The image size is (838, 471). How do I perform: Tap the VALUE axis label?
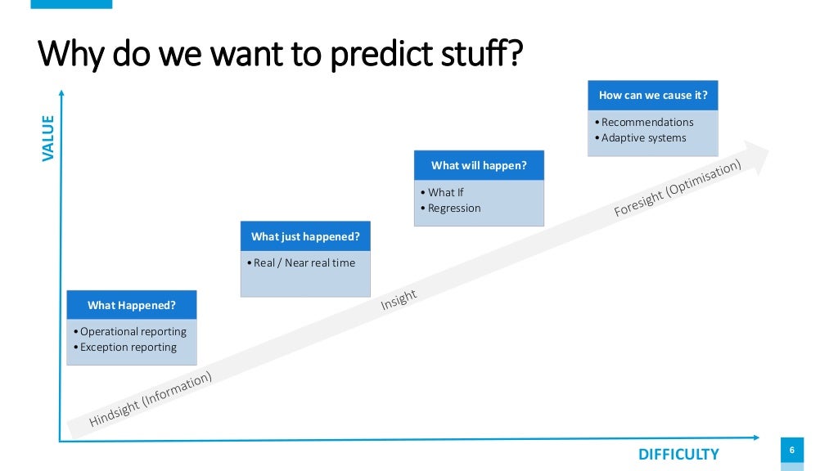tap(47, 138)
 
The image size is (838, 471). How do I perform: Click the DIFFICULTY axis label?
tap(678, 455)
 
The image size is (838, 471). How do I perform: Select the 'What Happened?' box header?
tap(132, 305)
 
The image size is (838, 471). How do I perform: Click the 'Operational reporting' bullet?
tap(133, 331)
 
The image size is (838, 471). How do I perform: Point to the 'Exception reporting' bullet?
tap(128, 347)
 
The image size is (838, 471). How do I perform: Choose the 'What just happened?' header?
tap(305, 236)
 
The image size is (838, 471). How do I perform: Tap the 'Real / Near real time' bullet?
tap(304, 262)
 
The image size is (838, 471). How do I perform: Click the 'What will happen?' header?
tap(479, 165)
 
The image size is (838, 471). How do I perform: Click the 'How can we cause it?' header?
tap(653, 95)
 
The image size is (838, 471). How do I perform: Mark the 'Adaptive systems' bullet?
tap(643, 137)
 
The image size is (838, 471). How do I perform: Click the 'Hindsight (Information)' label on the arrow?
tap(151, 399)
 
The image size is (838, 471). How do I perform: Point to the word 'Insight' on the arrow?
tap(399, 300)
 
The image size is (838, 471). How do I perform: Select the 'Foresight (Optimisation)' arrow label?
tap(678, 188)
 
